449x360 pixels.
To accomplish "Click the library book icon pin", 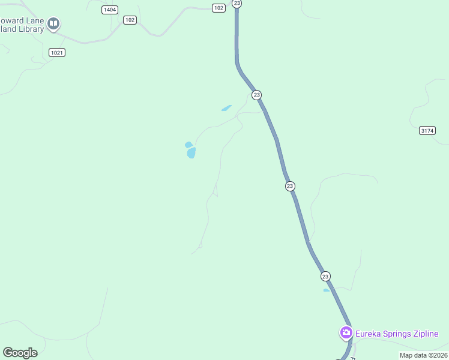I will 53,24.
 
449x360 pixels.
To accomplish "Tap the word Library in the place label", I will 30,29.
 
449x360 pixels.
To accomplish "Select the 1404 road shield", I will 110,10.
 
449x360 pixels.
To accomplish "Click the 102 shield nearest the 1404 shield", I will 130,20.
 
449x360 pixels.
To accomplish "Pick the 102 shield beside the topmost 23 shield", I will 218,7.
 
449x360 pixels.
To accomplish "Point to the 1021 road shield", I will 57,53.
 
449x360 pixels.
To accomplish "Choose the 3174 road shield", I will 427,130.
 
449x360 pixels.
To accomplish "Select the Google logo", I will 20,353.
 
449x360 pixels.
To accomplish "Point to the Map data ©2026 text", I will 424,355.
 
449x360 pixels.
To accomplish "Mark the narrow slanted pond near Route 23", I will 226,108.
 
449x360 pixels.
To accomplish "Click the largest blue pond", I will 191,153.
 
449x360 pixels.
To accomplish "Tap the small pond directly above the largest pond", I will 188,145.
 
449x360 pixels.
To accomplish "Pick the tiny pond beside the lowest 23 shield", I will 327,290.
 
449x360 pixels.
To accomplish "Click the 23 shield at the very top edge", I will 237,3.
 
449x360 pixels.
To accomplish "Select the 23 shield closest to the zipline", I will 325,276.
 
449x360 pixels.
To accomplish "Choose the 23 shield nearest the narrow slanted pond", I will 257,95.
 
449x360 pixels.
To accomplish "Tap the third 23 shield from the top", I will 290,186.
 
